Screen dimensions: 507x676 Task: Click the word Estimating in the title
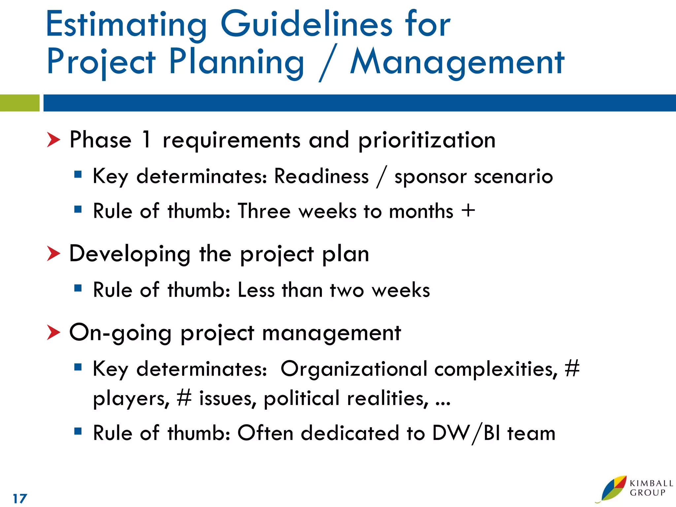[126, 25]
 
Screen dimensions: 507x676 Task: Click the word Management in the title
[457, 63]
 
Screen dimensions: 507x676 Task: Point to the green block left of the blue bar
[19, 103]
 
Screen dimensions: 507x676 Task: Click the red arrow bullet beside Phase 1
[53, 140]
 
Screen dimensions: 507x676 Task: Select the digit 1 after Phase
[146, 139]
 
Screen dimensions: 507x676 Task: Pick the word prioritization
[427, 141]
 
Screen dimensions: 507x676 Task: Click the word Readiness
[321, 176]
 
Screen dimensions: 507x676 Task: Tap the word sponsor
[430, 177]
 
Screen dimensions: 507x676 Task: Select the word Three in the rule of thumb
[264, 211]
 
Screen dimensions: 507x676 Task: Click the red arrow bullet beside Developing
[53, 253]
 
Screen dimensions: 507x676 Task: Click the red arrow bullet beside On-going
[53, 332]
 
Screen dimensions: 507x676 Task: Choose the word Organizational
[354, 369]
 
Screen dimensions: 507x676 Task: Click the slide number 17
[20, 498]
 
